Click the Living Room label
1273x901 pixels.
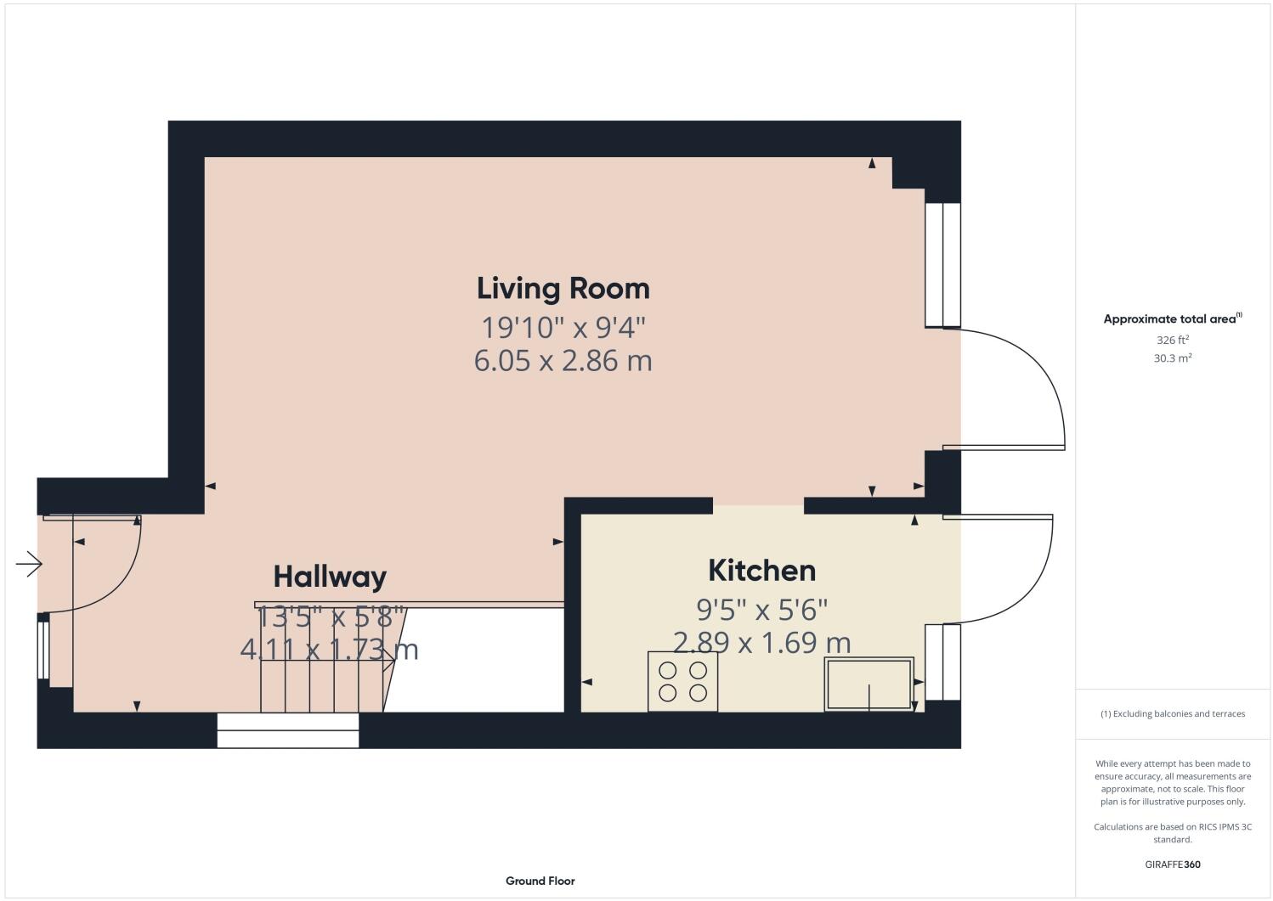(563, 289)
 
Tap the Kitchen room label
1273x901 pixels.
(761, 571)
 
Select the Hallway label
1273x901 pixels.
(330, 577)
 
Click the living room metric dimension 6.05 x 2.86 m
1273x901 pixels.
(563, 361)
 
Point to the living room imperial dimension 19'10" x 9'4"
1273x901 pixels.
(563, 327)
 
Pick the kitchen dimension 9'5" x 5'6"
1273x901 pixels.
(761, 609)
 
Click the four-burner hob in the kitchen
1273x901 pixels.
(682, 681)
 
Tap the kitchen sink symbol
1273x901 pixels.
(868, 684)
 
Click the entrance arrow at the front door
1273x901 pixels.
(29, 564)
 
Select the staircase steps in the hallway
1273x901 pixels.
(323, 679)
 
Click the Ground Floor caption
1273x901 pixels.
(540, 881)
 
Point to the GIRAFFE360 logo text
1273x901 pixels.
(1173, 864)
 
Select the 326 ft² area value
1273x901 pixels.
(1172, 340)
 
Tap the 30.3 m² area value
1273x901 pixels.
(1172, 358)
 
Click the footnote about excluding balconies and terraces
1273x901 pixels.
(1173, 713)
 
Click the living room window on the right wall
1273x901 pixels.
(942, 264)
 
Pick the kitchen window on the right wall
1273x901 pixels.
(942, 662)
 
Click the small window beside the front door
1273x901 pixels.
(42, 647)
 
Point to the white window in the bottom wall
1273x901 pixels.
(288, 730)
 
